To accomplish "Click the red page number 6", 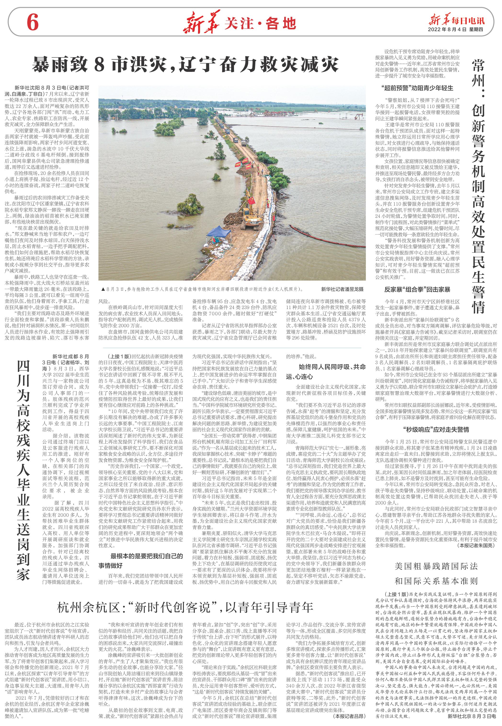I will (32, 23).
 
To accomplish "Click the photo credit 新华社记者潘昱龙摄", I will (342, 289).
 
